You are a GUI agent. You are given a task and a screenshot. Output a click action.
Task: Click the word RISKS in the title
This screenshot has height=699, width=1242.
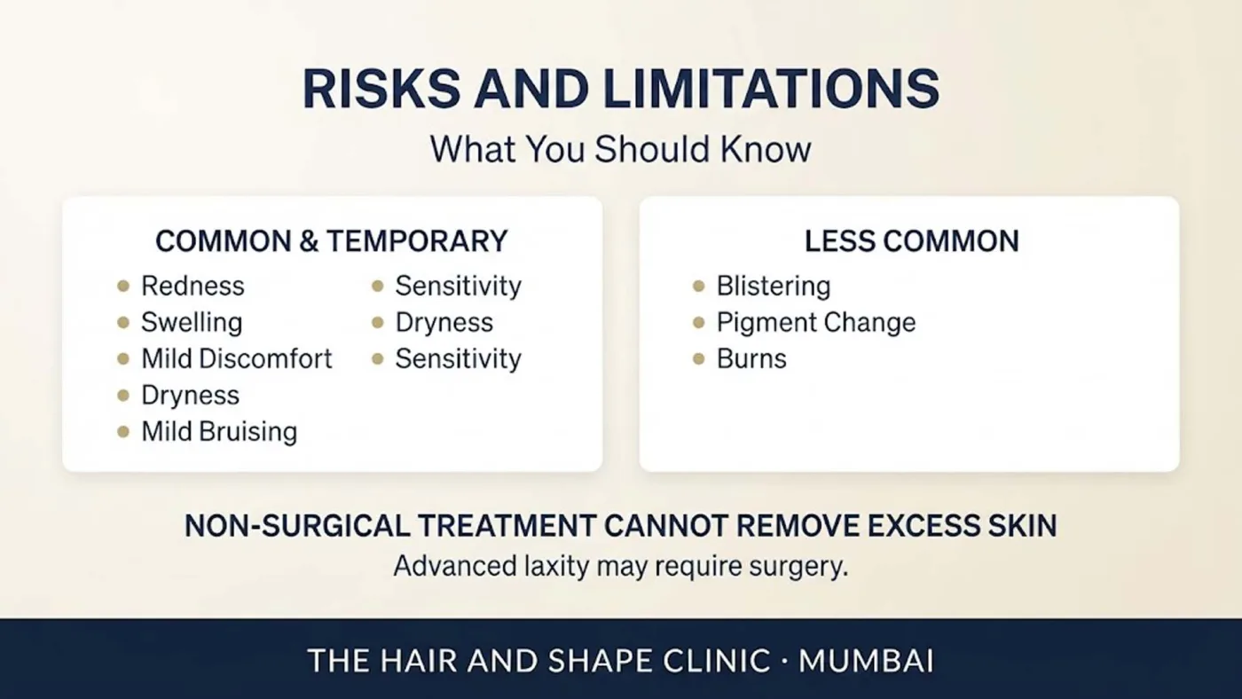point(381,89)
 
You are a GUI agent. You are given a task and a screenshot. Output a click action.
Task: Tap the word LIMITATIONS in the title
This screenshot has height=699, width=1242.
point(771,89)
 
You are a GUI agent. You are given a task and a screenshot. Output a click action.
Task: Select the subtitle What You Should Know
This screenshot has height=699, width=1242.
point(620,149)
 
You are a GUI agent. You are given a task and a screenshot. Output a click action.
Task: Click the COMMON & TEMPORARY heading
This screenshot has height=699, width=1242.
point(332,241)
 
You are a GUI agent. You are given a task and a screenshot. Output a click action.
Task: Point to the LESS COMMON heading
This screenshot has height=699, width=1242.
point(912,241)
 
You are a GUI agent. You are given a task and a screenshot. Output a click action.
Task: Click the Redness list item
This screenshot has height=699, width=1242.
point(193,286)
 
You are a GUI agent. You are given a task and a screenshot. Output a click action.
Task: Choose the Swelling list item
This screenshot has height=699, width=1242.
point(192,323)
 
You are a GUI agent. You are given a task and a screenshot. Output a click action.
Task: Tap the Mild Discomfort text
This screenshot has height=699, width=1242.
point(237,358)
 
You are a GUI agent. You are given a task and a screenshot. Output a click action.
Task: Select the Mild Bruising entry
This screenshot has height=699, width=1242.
point(220,432)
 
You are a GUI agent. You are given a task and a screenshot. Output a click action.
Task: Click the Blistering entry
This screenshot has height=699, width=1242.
point(774,287)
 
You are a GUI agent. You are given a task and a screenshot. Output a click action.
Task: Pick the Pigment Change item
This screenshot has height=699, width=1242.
point(816,323)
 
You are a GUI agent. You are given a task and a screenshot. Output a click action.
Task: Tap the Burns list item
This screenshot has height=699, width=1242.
point(751,358)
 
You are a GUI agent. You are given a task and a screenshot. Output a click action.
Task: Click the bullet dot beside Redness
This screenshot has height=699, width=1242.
point(123,286)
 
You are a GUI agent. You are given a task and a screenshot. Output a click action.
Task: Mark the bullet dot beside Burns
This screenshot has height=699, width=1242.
point(699,359)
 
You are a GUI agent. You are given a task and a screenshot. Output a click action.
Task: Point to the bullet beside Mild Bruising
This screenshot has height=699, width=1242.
point(123,432)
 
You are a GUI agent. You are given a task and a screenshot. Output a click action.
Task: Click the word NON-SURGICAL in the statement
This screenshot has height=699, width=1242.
point(296,525)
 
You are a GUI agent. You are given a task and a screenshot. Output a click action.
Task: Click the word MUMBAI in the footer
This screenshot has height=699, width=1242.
point(866,661)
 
